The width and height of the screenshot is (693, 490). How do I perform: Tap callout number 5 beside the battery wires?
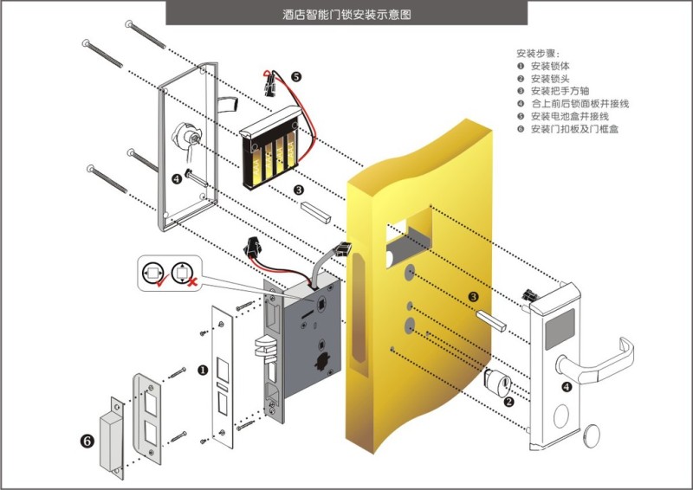tap(296, 77)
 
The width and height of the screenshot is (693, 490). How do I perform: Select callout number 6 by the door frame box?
tap(87, 441)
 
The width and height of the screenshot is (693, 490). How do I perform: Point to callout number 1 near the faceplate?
tap(203, 370)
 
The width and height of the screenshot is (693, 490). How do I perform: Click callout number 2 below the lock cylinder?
tap(508, 401)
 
